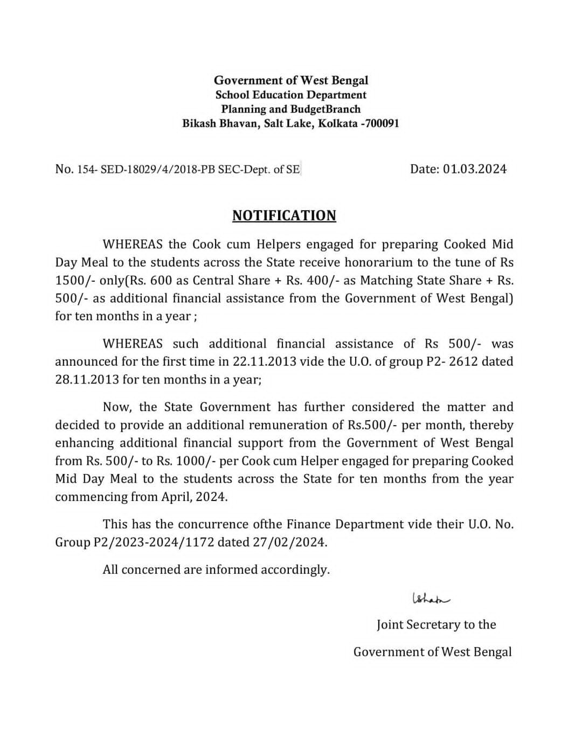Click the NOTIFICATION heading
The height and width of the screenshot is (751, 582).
coord(284,215)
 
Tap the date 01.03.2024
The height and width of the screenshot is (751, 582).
coord(475,169)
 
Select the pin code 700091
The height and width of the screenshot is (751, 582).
coord(381,123)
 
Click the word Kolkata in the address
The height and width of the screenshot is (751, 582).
coord(337,123)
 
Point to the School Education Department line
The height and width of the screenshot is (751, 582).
coord(291,95)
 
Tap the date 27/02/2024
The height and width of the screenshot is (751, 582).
coord(289,542)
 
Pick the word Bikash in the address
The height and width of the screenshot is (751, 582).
coord(201,123)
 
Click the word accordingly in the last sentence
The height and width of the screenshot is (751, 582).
coord(295,569)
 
